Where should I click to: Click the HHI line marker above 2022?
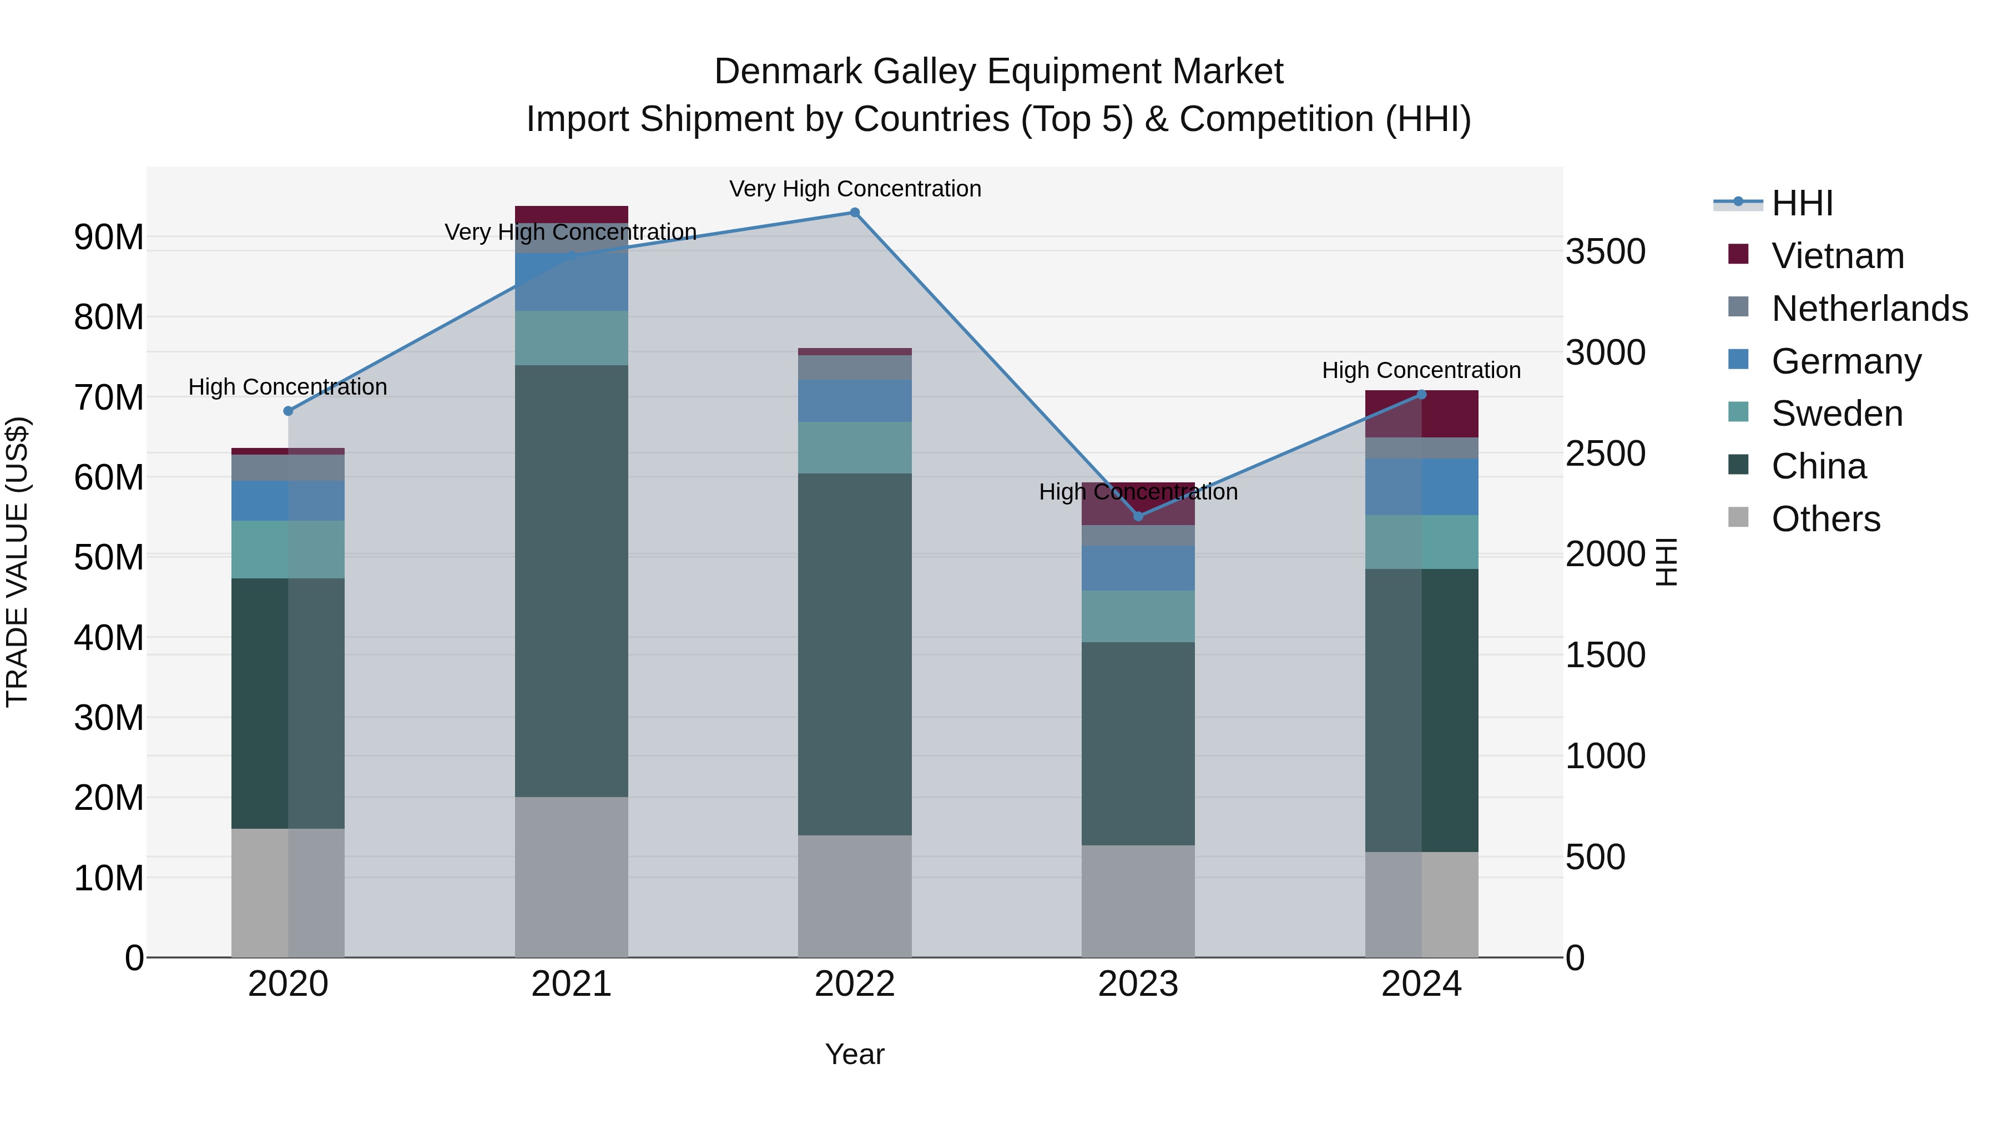coord(854,213)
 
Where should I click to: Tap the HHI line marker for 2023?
coord(1138,516)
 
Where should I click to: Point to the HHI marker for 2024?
coord(1421,394)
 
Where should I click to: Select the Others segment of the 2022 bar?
coord(854,896)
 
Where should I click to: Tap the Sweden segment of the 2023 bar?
coord(1138,616)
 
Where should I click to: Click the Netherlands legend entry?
coord(1869,309)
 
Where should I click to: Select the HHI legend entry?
coord(1801,203)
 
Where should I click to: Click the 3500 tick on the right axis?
coord(1605,251)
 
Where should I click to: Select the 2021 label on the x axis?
coord(571,984)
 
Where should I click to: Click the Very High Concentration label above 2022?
coord(855,189)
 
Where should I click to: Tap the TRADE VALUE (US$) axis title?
coord(17,562)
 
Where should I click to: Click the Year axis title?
coord(854,1054)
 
